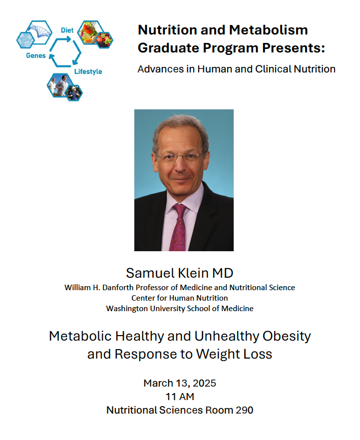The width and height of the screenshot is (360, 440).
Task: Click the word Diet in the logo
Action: point(67,30)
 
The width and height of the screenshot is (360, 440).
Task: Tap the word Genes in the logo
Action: point(35,55)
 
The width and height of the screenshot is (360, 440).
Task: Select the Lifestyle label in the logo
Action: point(88,71)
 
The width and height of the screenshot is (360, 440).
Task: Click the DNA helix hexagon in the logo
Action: point(39,32)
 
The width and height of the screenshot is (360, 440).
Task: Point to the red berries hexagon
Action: point(104,40)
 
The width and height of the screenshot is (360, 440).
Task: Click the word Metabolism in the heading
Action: point(268,30)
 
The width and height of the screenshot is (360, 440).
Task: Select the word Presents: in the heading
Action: point(294,48)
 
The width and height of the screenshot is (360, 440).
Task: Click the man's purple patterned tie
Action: point(178,227)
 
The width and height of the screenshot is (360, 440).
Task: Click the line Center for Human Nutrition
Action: point(180,298)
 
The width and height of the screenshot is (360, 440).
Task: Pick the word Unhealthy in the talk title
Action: point(227,337)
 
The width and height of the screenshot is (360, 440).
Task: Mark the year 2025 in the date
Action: point(204,384)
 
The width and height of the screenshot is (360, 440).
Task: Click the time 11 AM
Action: point(180,397)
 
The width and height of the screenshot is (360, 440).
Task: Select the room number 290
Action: point(244,410)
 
